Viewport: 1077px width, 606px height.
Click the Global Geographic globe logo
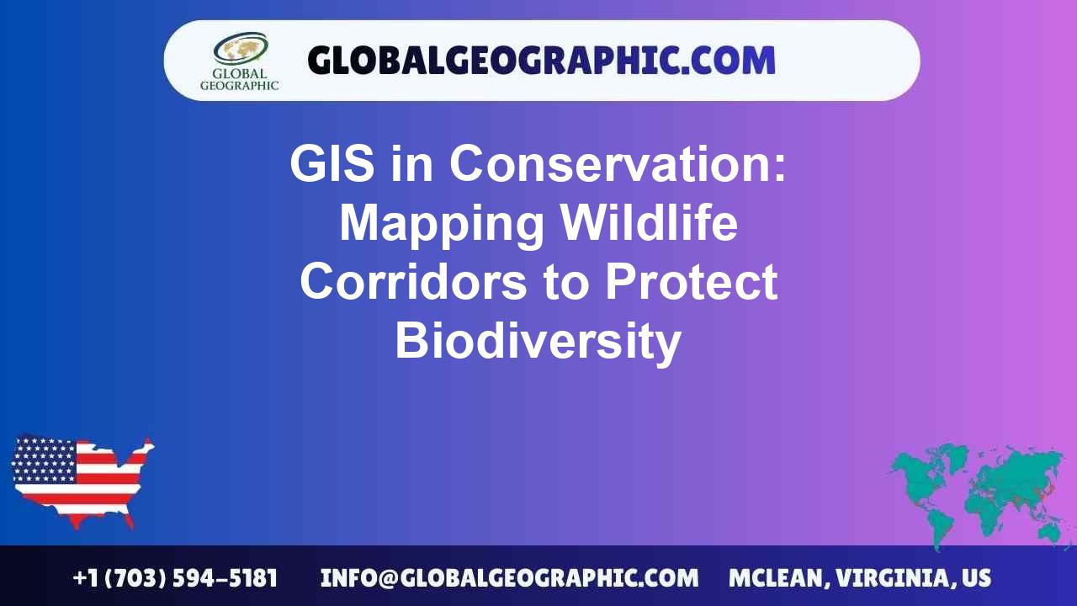click(x=240, y=49)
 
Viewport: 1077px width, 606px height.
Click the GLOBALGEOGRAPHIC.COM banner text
click(x=541, y=61)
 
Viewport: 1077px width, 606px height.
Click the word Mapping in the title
click(x=441, y=223)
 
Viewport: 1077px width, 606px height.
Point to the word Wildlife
click(x=650, y=223)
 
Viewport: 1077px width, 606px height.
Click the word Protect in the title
click(x=691, y=282)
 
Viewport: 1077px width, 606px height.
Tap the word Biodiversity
click(x=538, y=341)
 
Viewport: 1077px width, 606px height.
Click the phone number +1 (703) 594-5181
click(x=175, y=578)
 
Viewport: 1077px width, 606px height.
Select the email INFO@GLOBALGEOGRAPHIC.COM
click(x=509, y=578)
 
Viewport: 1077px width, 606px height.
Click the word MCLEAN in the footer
click(x=777, y=578)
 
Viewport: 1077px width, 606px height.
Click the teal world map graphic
click(x=980, y=492)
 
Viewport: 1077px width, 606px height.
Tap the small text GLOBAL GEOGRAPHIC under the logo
click(x=239, y=79)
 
